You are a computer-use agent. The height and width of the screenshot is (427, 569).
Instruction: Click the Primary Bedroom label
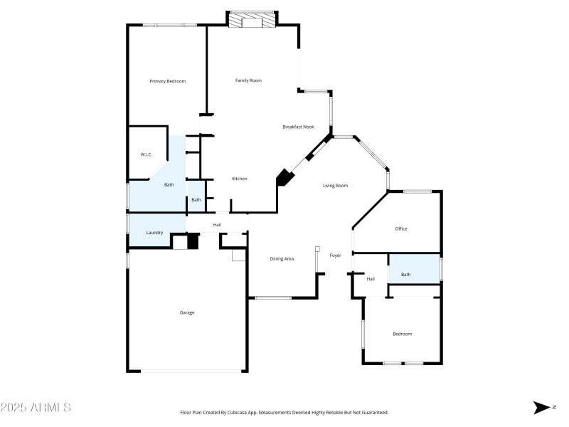click(167, 81)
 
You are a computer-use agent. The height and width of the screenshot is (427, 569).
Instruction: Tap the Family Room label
click(248, 80)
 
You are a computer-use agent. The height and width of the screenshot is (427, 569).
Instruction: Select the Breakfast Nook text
click(298, 127)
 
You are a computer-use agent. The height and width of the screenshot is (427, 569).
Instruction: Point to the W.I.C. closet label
click(147, 154)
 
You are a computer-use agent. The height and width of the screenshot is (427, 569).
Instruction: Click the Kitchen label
click(239, 179)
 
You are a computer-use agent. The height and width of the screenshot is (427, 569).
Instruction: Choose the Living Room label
click(335, 186)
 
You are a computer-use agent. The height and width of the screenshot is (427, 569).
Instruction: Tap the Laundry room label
click(154, 233)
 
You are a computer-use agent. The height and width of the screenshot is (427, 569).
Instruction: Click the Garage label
click(187, 312)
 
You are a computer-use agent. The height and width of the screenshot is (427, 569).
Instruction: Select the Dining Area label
click(282, 258)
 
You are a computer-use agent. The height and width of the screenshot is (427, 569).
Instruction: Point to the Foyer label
click(335, 255)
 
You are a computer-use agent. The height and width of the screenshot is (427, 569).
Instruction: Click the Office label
click(401, 228)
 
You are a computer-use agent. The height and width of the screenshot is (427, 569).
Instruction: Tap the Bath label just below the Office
click(405, 275)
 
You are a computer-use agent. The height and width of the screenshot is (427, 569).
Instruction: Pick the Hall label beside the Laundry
click(217, 226)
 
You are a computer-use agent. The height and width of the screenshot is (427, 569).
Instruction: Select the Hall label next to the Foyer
click(371, 279)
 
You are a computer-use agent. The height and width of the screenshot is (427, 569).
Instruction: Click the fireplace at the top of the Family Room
click(252, 21)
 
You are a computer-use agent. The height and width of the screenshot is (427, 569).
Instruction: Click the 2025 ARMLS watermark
click(36, 408)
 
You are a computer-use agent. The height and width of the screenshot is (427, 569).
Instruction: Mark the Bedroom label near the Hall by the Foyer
click(402, 334)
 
